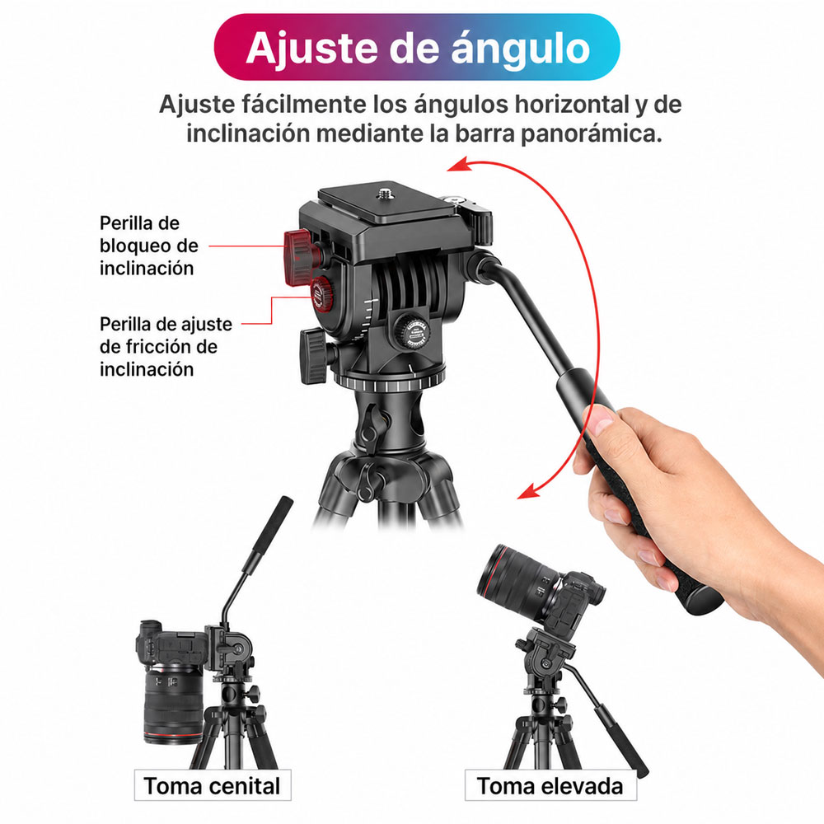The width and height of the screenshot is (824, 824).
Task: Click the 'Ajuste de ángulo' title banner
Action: coord(417,47)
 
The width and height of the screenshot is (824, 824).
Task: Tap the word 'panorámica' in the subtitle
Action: coord(591,133)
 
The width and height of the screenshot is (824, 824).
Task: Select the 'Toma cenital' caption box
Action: coord(213,785)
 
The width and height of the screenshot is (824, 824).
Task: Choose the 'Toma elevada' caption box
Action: coord(550,785)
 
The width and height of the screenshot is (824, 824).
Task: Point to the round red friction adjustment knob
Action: coord(321,295)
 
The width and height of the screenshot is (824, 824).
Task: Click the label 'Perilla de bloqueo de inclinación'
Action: coord(148,246)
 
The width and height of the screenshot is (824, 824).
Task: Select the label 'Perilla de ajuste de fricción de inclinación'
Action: coord(166,346)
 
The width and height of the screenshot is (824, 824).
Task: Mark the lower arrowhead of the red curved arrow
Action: coord(528,492)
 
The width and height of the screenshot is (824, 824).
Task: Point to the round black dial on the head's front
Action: coord(412,330)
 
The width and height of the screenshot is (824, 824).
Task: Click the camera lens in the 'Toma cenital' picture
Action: coord(173,704)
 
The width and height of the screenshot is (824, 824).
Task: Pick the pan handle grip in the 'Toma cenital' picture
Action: coord(269,534)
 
